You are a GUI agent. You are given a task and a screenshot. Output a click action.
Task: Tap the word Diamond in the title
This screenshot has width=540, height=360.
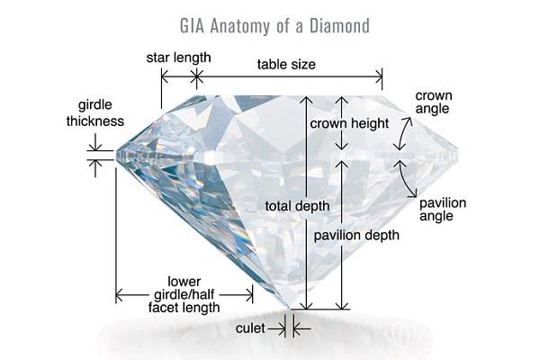[x=339, y=26]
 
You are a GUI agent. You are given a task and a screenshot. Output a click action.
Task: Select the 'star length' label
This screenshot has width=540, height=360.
[x=178, y=58]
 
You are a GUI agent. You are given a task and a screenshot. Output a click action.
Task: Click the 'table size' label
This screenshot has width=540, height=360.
[x=286, y=65]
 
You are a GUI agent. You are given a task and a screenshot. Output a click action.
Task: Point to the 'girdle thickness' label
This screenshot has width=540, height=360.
[x=95, y=113]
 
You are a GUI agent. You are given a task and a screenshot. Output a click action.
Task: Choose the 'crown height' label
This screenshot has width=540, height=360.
[x=349, y=123]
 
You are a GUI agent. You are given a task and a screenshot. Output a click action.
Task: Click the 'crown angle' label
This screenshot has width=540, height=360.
[x=433, y=102]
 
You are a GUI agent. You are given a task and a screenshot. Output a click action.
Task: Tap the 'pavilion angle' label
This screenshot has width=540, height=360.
[x=443, y=210]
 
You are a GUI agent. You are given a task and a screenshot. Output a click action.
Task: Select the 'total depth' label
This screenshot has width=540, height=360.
[x=297, y=206]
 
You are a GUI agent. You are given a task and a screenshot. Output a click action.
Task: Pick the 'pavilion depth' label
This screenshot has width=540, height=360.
[x=356, y=235]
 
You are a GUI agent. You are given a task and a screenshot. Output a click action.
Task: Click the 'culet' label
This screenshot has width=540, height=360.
[x=250, y=328]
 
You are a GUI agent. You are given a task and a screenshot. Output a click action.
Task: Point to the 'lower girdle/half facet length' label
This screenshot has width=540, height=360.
[x=184, y=294]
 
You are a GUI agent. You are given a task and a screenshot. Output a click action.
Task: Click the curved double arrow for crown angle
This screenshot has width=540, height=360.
[x=402, y=133]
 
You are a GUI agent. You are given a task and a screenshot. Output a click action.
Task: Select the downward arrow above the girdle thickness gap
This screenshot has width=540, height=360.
[x=95, y=142]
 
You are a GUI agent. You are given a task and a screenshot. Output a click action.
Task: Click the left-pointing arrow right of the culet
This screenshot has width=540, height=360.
[x=301, y=329]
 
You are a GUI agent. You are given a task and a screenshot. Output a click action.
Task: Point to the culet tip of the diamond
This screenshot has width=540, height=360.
[x=289, y=308]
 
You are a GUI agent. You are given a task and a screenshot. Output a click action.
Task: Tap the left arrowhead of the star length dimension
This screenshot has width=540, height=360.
[x=165, y=76]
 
